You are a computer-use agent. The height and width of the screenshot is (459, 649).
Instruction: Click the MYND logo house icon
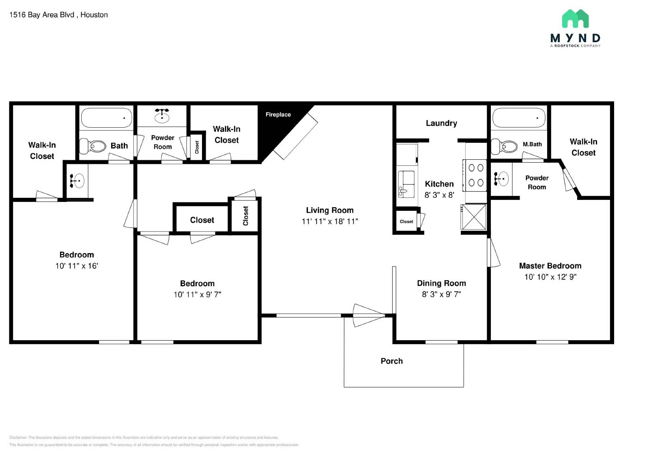(575, 19)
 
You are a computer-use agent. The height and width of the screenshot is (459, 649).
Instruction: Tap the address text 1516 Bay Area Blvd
(42, 15)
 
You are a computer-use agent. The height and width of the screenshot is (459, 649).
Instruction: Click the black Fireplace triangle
(276, 130)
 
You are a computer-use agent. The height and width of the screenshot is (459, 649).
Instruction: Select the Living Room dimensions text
(330, 221)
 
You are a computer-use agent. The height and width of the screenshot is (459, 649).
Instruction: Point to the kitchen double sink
(406, 184)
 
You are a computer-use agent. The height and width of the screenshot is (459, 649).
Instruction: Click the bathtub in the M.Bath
(519, 118)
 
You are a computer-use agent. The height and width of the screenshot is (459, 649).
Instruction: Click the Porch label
(391, 361)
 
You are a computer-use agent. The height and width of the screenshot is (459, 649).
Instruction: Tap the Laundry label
(441, 123)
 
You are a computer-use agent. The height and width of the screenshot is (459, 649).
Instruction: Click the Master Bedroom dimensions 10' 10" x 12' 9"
(550, 277)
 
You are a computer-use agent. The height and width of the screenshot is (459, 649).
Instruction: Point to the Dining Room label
(441, 283)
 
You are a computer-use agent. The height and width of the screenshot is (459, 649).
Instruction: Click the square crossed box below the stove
(474, 217)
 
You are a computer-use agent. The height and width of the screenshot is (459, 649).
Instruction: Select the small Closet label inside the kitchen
(406, 222)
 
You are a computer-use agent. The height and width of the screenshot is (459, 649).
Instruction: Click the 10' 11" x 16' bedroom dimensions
(77, 266)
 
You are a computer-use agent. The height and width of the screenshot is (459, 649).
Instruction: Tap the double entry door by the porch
(368, 315)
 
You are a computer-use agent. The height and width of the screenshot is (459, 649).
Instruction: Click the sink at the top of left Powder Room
(162, 116)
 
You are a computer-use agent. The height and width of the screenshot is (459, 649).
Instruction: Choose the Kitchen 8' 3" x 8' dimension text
(439, 195)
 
